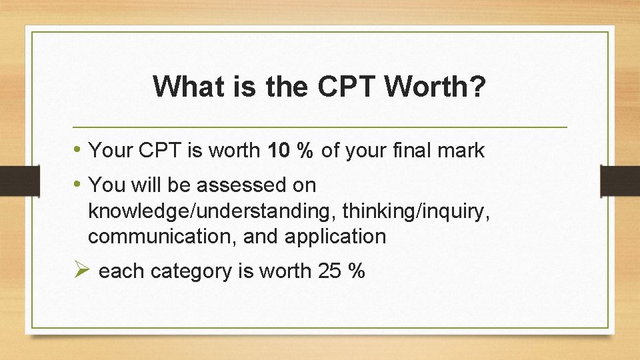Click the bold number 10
click(278, 151)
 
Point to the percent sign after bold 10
click(305, 151)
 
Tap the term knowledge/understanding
click(212, 211)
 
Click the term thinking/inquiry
click(417, 211)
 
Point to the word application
click(337, 237)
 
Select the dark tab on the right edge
click(620, 181)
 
